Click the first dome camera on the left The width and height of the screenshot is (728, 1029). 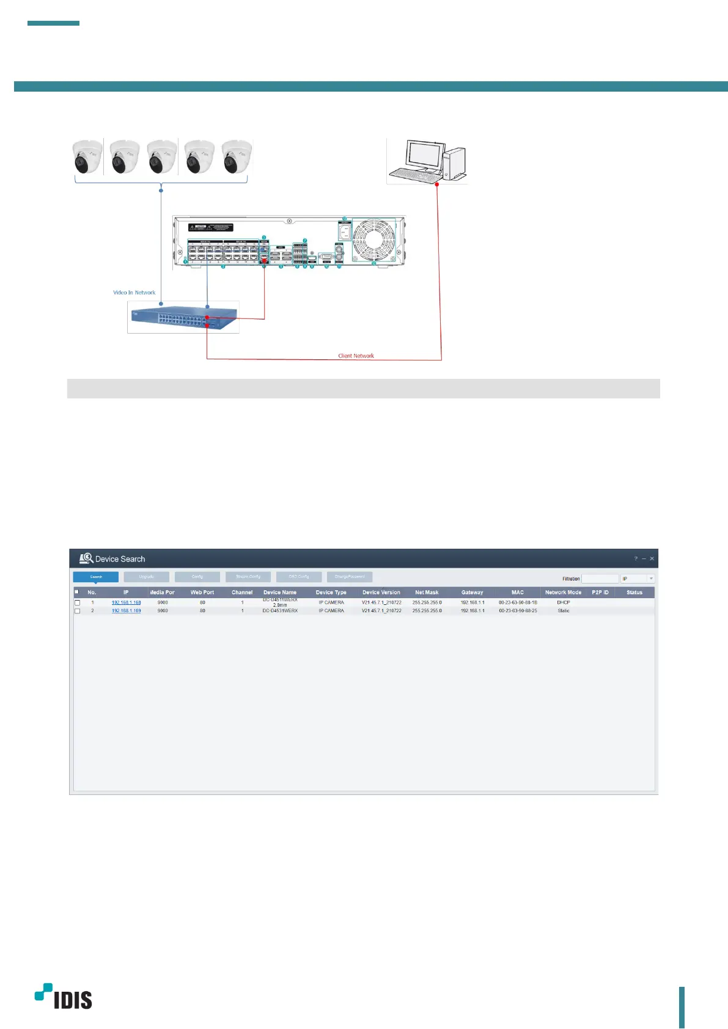tap(87, 157)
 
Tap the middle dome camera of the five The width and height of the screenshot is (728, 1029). tap(161, 157)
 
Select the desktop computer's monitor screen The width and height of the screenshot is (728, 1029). tap(423, 155)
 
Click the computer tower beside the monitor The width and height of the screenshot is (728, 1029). tap(454, 163)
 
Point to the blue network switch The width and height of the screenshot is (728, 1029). tap(183, 318)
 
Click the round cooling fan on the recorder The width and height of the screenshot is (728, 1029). tap(374, 240)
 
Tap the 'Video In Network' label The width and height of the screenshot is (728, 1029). tap(134, 293)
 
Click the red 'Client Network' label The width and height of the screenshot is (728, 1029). tap(356, 356)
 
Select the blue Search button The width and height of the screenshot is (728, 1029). tap(96, 577)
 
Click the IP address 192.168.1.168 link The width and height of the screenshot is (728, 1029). tap(126, 602)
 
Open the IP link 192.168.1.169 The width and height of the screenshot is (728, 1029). tap(126, 611)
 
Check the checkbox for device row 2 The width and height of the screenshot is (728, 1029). tap(77, 611)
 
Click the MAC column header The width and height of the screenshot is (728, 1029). tap(518, 592)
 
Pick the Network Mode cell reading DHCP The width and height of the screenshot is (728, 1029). tap(563, 602)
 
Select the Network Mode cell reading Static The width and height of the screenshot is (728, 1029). tap(563, 611)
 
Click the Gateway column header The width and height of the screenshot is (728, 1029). tap(472, 592)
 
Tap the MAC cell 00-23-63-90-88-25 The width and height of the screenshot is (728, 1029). tap(518, 611)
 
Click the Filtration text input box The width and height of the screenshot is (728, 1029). tap(600, 579)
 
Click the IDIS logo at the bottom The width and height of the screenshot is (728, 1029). tap(64, 997)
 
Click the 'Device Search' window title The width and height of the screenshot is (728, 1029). tap(120, 559)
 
